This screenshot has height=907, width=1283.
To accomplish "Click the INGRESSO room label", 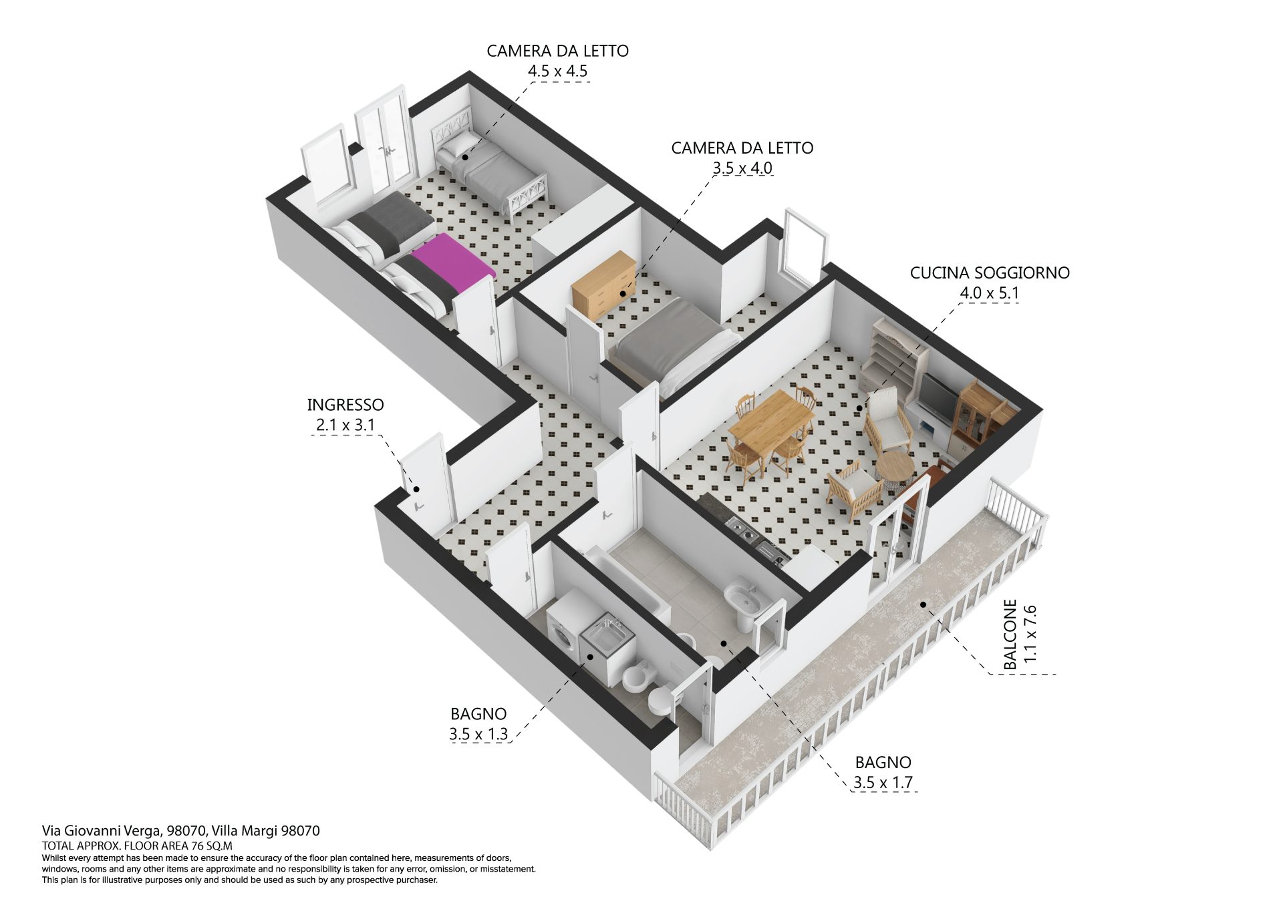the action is (345, 405).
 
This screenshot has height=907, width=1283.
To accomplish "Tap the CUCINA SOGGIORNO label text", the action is (990, 273).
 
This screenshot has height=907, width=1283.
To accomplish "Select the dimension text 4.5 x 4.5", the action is (558, 71).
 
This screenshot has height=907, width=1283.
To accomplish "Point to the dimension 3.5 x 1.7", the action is (883, 783).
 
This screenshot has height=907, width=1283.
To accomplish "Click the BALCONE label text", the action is (1010, 634).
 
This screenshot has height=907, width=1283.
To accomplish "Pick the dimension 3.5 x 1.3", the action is (478, 734).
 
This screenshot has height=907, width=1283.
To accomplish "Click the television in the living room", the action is (938, 399).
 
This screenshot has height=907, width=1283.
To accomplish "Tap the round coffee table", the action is (894, 469).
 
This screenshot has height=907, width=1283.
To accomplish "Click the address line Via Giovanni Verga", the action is (181, 831).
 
